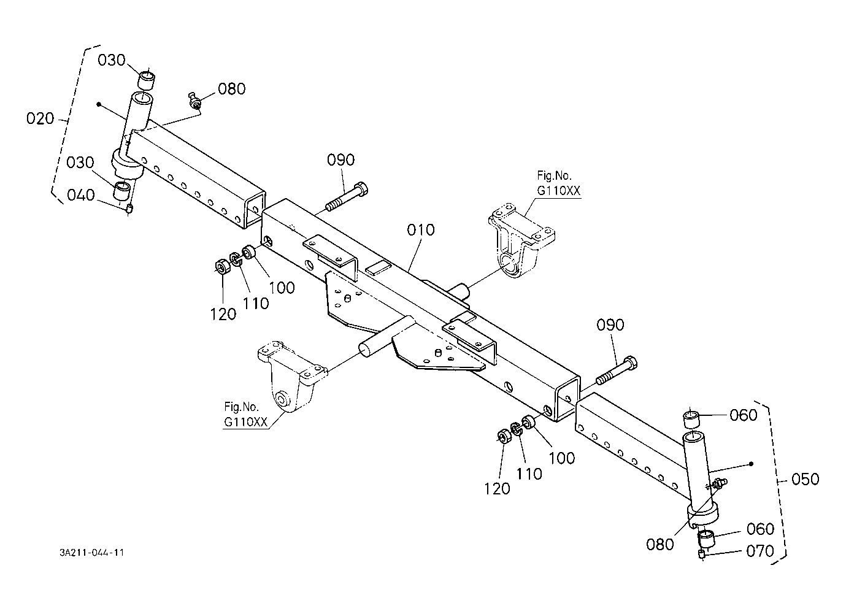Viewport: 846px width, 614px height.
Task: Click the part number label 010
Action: click(x=421, y=231)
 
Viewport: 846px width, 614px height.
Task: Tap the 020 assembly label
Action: click(x=40, y=119)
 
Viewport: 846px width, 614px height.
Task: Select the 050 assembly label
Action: click(x=806, y=478)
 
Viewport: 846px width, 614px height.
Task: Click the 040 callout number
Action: click(x=81, y=196)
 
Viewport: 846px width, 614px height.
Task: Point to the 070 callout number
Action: click(x=759, y=551)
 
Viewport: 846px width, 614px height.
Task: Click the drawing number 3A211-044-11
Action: click(x=92, y=553)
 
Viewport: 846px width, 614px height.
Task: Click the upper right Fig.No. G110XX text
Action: click(x=558, y=183)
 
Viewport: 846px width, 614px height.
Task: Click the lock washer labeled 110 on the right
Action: click(x=516, y=429)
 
